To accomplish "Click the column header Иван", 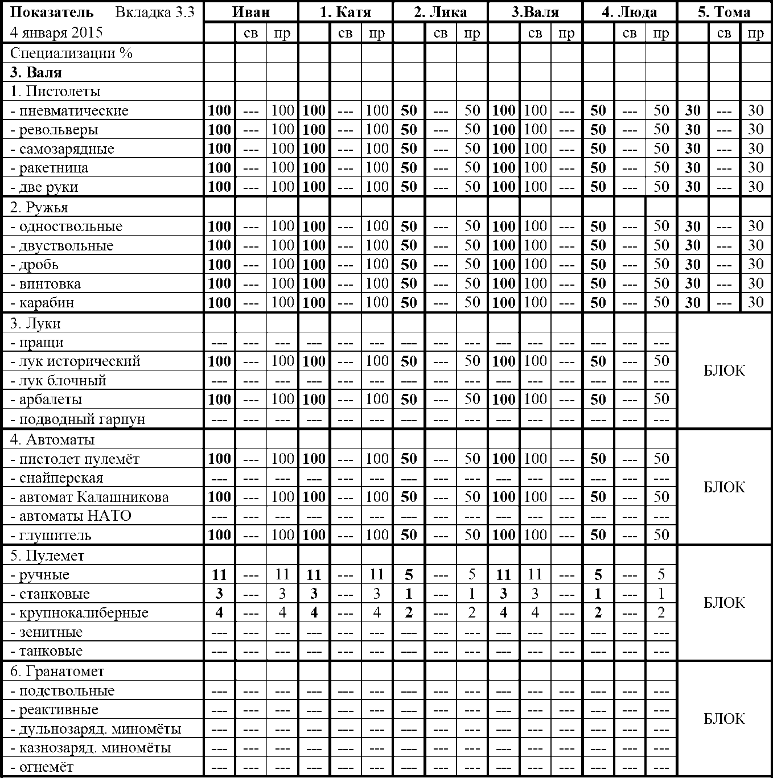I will (x=251, y=12).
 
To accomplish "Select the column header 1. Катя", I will (x=346, y=12).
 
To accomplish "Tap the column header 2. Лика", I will (x=440, y=12).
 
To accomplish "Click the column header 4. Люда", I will (x=630, y=12).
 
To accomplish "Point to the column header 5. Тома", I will (x=724, y=12).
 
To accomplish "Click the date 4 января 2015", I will (x=56, y=32).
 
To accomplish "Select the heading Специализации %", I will (x=71, y=53).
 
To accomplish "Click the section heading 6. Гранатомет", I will (x=57, y=672).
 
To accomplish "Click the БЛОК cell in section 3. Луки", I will (x=724, y=371).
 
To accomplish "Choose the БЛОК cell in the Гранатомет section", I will (x=724, y=719).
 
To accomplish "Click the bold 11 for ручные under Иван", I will (x=219, y=575).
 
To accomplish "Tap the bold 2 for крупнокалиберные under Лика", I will (x=409, y=613).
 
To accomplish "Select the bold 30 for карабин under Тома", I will (x=693, y=303).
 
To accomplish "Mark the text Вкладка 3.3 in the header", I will (x=155, y=12).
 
